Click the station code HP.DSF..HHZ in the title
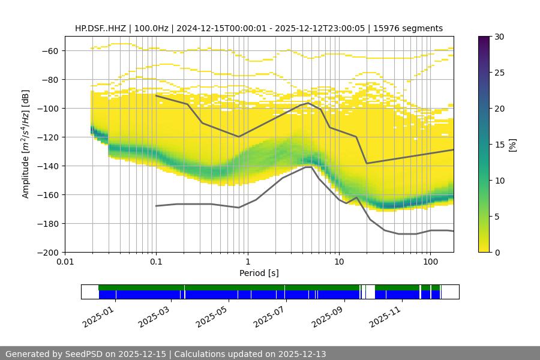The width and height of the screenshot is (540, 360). [x=100, y=28]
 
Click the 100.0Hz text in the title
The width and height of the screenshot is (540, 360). [x=150, y=28]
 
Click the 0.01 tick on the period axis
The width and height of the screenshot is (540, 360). [x=65, y=262]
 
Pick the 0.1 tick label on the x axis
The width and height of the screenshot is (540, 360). [x=156, y=262]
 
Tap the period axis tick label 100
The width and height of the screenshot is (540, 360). [x=430, y=262]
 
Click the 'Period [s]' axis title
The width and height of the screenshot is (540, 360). [x=259, y=274]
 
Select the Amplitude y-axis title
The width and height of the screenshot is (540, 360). [x=25, y=144]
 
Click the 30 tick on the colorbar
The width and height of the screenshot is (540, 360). [x=498, y=37]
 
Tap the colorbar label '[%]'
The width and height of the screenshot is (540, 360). [x=512, y=145]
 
